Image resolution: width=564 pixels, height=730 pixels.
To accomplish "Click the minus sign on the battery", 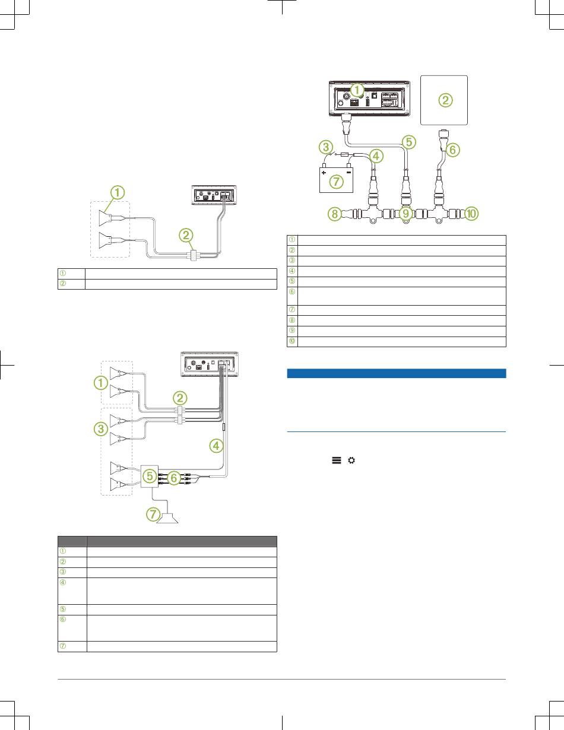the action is tap(349, 174).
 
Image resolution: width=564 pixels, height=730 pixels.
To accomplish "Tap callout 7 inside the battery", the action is tap(337, 182).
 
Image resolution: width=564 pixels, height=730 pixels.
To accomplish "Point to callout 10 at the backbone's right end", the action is tap(472, 214).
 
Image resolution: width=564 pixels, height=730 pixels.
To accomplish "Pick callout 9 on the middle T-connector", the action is tap(406, 214).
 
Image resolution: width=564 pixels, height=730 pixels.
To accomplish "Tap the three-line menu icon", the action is tap(337, 461).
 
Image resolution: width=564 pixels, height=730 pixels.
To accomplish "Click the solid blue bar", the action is tap(396, 373).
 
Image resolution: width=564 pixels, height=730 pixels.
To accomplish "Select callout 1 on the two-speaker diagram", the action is tap(119, 192).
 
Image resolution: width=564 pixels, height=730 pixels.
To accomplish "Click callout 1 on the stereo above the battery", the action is tap(357, 90).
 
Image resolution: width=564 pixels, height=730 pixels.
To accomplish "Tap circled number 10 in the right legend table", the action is tap(291, 341).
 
